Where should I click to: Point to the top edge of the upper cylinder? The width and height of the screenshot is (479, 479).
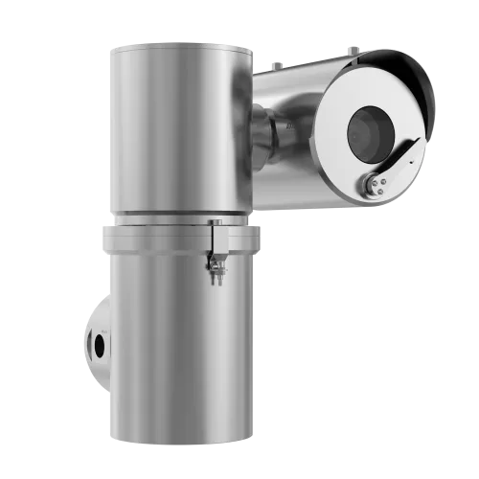tap(177, 43)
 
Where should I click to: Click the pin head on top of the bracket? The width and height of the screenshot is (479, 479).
tap(217, 222)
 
